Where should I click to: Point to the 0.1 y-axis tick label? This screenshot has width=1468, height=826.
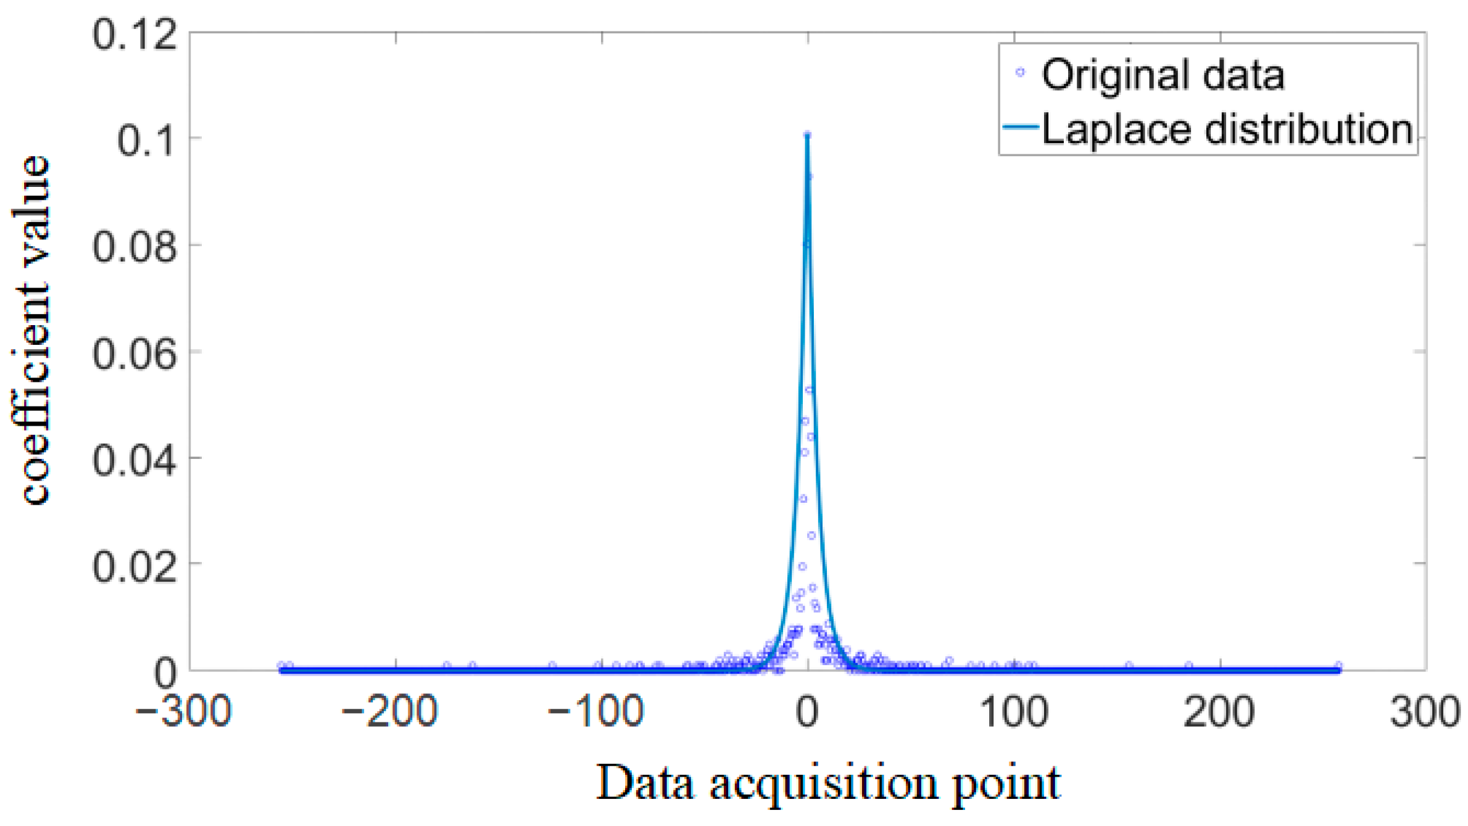(x=147, y=140)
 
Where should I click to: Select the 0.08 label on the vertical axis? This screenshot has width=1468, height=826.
(x=135, y=247)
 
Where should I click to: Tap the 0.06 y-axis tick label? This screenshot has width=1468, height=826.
(x=135, y=354)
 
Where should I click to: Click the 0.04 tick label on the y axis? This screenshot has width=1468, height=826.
(x=135, y=460)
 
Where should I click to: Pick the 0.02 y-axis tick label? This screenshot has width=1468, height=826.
(x=135, y=566)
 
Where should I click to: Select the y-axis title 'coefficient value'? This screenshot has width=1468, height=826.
(x=31, y=330)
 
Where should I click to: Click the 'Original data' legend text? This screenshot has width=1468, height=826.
(x=1163, y=75)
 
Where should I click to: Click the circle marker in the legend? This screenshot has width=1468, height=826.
(x=1020, y=73)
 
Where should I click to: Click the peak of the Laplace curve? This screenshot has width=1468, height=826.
(x=807, y=136)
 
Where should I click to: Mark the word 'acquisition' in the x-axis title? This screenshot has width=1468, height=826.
(x=823, y=785)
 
